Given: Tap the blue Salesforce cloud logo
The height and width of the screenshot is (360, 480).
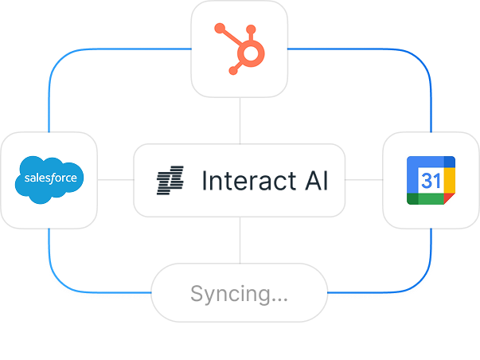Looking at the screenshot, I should coord(49,180).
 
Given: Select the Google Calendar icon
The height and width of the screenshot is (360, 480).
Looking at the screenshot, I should coord(431,181).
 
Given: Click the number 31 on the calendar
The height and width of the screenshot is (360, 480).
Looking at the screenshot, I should coord(430,181).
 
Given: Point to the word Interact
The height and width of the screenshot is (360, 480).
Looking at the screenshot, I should coord(248,181).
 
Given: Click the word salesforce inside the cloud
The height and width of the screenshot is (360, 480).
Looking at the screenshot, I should coord(49,178).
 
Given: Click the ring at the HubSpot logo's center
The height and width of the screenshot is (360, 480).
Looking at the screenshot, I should coord(252,54).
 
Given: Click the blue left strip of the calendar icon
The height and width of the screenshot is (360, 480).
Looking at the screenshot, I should coord(412,185).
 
